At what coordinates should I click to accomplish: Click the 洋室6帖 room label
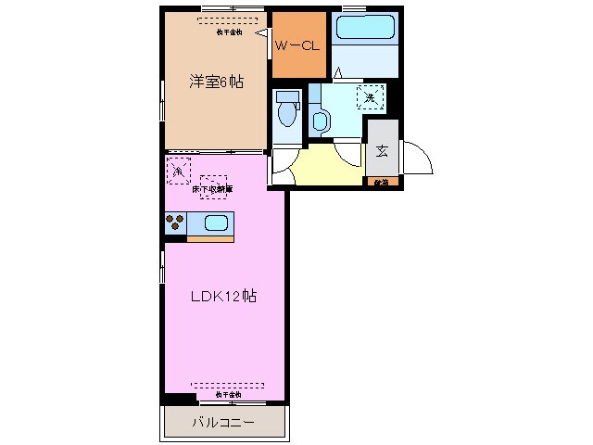pos(217,82)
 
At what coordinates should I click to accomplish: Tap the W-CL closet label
pos(298,43)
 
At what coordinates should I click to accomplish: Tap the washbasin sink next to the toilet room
pos(320,118)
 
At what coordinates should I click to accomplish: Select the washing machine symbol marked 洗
pos(370,96)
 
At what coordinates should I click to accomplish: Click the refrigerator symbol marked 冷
pos(179,170)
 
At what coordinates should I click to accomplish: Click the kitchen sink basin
pos(216,223)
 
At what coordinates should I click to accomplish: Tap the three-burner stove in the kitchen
pos(175,222)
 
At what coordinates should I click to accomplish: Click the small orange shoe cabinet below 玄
pos(382,183)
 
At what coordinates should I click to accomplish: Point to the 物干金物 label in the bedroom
pos(230,31)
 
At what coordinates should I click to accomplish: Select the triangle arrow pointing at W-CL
pos(262,32)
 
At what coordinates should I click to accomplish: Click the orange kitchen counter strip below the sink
pos(210,239)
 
